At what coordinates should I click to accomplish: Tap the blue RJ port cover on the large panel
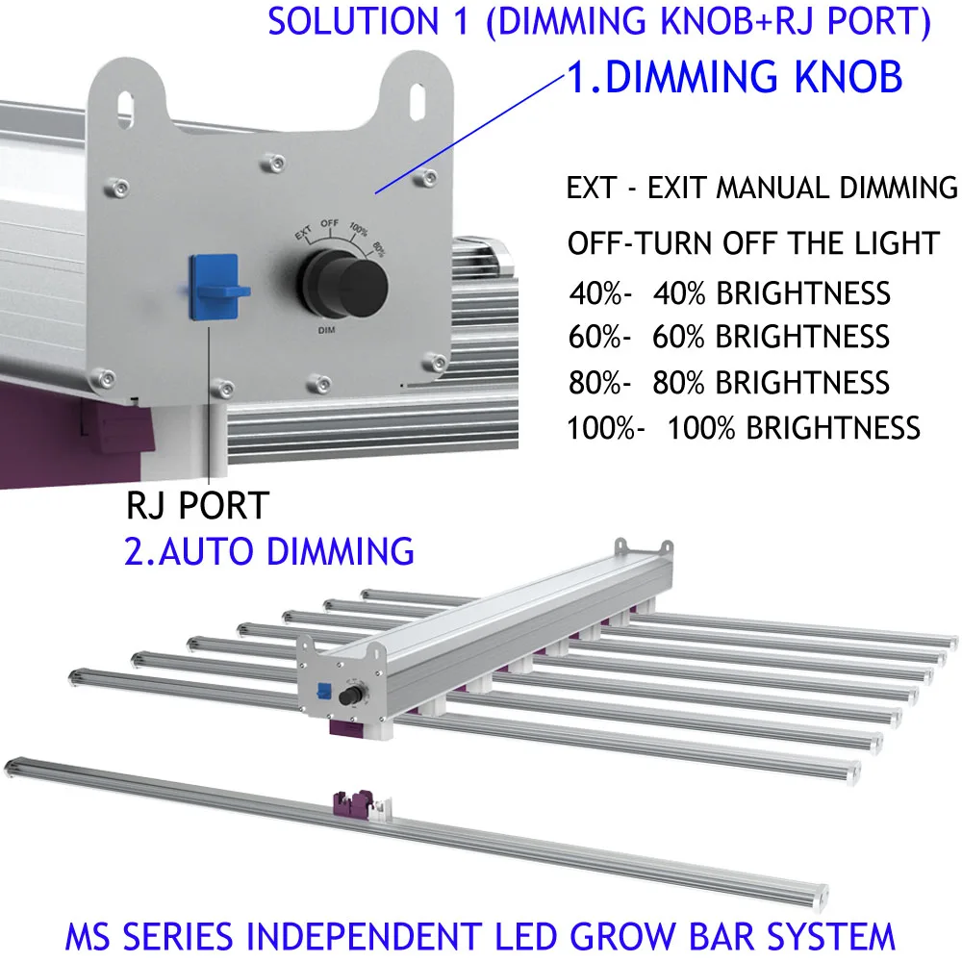click(214, 287)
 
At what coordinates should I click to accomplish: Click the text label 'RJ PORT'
click(196, 505)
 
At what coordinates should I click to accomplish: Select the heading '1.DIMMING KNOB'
click(733, 77)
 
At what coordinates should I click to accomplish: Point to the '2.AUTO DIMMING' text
click(268, 551)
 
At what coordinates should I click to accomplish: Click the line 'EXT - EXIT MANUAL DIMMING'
click(762, 188)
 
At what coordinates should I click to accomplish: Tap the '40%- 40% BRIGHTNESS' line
click(729, 292)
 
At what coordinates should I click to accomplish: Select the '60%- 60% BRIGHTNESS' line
click(729, 337)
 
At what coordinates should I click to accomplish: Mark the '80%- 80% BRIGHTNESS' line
click(729, 382)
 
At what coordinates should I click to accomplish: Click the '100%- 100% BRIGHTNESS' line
click(744, 427)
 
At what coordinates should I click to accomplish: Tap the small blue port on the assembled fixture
click(324, 691)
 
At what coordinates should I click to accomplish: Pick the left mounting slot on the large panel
click(124, 101)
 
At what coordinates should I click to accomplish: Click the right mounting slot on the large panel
click(416, 97)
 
